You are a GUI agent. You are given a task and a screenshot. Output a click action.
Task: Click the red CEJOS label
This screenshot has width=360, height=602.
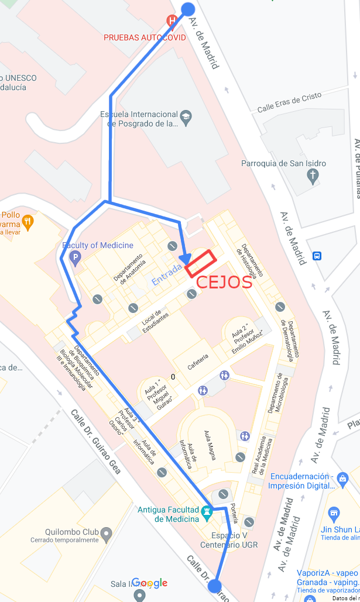(224, 282)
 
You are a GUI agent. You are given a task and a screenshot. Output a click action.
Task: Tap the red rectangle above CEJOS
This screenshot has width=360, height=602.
(201, 263)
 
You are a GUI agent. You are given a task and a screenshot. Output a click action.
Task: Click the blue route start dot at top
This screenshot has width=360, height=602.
(188, 9)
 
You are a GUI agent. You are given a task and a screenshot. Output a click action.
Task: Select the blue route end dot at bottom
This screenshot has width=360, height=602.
(214, 586)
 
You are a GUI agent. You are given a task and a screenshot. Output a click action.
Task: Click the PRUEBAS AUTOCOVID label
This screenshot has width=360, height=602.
(145, 37)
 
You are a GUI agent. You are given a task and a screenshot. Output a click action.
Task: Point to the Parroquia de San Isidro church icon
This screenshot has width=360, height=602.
(313, 175)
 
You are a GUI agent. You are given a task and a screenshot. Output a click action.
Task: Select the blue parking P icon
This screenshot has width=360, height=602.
(74, 257)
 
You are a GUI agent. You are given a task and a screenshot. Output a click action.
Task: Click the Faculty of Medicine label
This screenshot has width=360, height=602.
(98, 245)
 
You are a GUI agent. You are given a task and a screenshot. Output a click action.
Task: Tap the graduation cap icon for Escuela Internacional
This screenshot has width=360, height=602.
(186, 116)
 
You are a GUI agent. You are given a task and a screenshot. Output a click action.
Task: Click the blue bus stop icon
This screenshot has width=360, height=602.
(317, 256)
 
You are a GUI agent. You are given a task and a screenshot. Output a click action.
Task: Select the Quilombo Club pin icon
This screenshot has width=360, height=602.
(106, 533)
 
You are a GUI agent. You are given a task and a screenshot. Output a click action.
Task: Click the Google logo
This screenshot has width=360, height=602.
(149, 583)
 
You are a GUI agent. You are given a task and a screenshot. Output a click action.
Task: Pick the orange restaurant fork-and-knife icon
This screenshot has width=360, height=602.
(27, 221)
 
